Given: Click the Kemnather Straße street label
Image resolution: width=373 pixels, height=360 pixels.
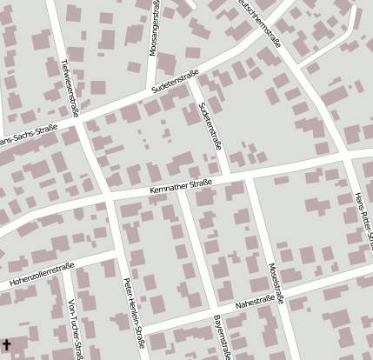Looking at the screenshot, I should (x=181, y=184).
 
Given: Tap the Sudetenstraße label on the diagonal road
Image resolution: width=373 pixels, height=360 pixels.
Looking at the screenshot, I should (x=175, y=81).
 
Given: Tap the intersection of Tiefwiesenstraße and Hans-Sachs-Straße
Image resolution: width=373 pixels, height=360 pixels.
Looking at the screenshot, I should (x=78, y=123).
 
